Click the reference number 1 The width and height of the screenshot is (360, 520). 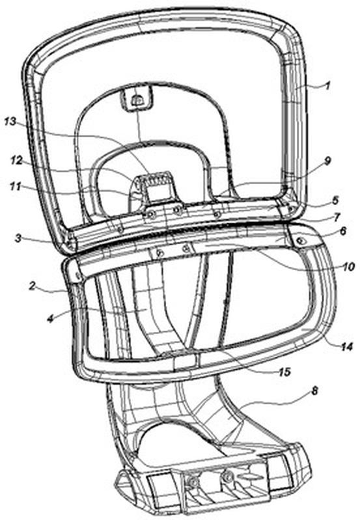(x=327, y=87)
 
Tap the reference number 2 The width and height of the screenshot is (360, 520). (x=32, y=286)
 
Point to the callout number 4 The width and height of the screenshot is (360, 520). (x=50, y=319)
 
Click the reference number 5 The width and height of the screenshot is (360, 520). (x=335, y=200)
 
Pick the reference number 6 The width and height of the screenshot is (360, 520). (x=344, y=230)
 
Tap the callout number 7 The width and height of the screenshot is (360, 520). (x=337, y=217)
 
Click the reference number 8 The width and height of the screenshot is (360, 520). (x=314, y=390)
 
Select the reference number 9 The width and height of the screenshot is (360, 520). (x=327, y=161)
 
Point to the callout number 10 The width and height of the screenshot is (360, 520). (x=349, y=266)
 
